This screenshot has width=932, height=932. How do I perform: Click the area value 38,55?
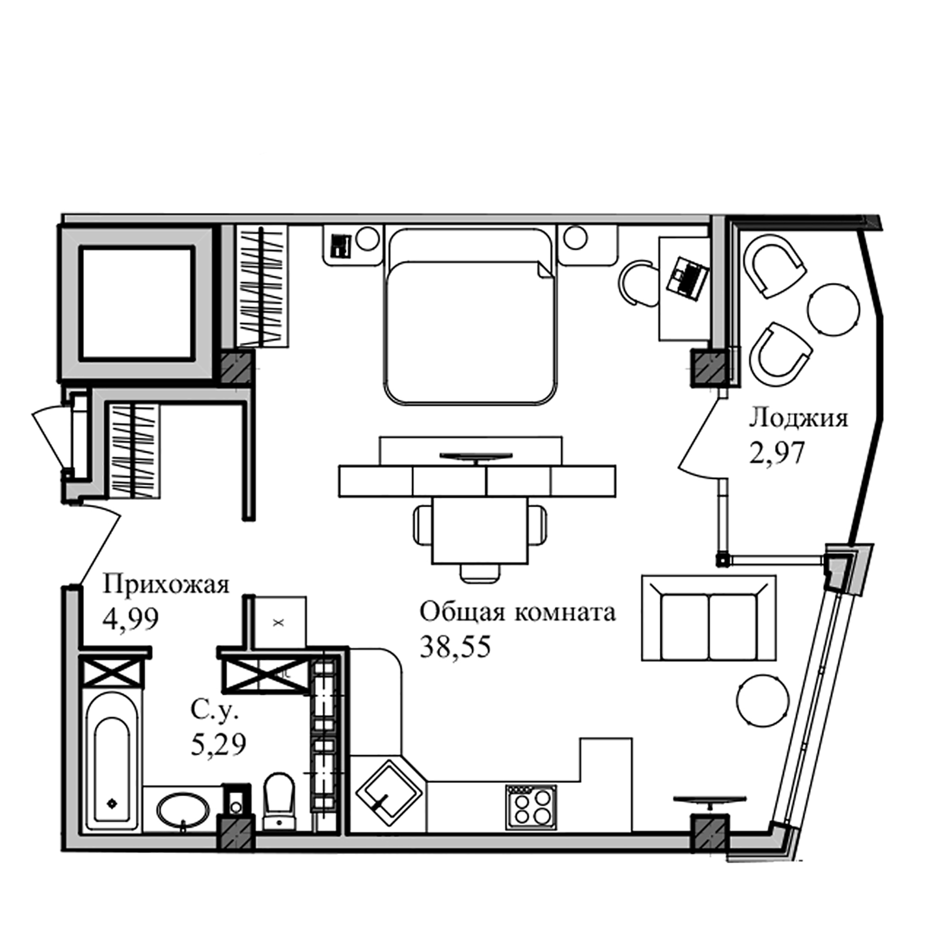pos(455,647)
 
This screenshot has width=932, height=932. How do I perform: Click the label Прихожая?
pos(166,586)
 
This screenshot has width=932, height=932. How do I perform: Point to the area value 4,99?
pos(130,619)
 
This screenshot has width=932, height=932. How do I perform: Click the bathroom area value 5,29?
pos(218,746)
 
